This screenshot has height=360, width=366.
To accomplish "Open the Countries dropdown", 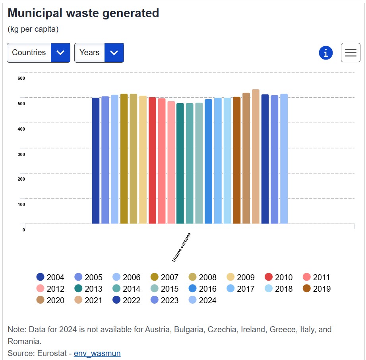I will tap(38, 52).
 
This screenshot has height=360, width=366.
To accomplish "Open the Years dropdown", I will tap(99, 52).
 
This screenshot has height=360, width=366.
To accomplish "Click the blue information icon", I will tap(325, 52).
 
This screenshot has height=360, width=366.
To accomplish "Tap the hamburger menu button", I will tap(351, 52).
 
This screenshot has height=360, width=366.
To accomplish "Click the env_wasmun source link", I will tap(97, 353).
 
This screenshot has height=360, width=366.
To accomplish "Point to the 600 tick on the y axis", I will tap(21, 78).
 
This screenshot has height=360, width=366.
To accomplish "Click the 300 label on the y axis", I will tap(21, 154).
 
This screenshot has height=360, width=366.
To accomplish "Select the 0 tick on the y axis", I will tap(24, 230).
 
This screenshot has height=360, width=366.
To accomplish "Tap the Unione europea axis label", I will tap(181, 247).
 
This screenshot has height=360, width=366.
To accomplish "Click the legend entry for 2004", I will tap(50, 277).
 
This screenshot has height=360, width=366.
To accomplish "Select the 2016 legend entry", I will tap(202, 289).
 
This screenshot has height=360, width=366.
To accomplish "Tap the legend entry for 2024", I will tap(202, 300).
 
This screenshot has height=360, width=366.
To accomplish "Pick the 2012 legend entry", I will tap(50, 289).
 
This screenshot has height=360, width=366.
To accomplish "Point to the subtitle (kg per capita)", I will tap(33, 29).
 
